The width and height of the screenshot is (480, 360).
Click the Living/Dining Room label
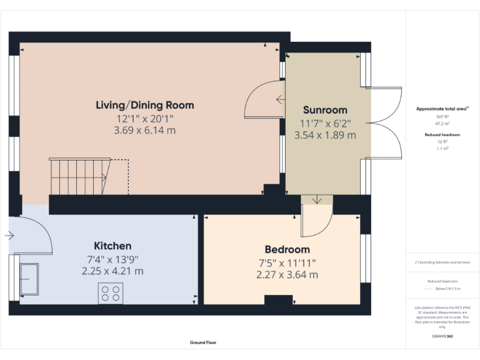pos(144,105)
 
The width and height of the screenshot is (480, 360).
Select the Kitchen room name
pos(112,246)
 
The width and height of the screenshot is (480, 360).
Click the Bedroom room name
pos(287,249)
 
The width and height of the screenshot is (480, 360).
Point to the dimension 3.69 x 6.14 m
pos(144,131)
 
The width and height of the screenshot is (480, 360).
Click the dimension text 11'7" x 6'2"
pos(325,122)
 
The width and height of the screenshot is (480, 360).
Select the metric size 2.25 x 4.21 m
pos(112,271)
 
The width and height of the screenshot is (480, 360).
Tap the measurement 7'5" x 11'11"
pos(287,262)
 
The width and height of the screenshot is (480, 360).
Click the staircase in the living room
pos(79,176)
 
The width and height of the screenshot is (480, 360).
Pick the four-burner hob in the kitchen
pos(111,293)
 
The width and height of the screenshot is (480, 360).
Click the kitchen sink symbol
pos(29,279)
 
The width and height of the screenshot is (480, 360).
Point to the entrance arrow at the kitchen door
pos(9,236)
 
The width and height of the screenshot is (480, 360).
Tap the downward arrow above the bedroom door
pos(317,200)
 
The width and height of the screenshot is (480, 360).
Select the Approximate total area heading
pos(442,109)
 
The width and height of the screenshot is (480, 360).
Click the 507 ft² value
pos(442,116)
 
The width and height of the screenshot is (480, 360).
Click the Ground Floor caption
pos(203,342)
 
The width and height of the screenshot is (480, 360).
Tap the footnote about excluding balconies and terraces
pos(442,262)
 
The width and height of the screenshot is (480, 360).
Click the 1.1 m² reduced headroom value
pos(442,148)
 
